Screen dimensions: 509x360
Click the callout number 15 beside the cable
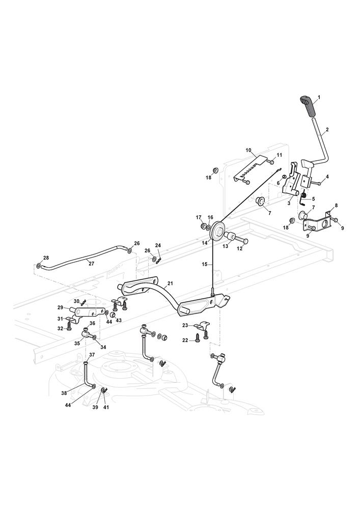tap(205, 265)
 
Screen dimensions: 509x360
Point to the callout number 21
tap(170, 284)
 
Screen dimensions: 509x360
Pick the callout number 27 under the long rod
tap(92, 263)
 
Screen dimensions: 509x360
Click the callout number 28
tap(46, 258)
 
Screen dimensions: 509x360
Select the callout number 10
tap(248, 151)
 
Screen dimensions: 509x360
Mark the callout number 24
tap(158, 245)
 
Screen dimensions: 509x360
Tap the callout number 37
tap(92, 355)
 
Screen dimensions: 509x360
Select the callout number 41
tap(106, 408)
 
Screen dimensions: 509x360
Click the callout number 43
tap(119, 320)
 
